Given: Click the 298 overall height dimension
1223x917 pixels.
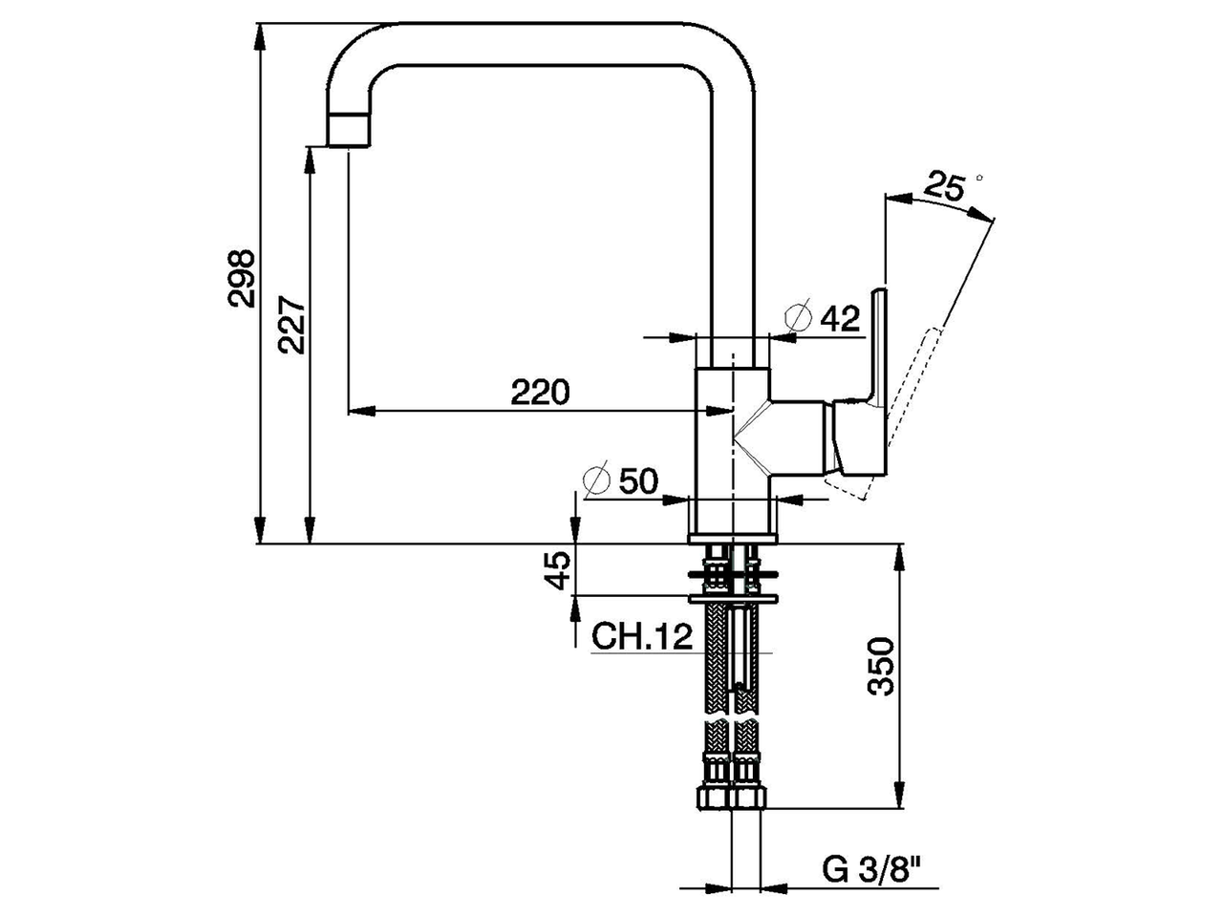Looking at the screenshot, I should click(x=243, y=278).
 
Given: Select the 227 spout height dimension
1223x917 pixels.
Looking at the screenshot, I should click(x=292, y=326).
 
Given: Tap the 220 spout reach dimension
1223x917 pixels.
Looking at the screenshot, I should click(x=539, y=392).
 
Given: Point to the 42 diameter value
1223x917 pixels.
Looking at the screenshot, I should click(x=841, y=318).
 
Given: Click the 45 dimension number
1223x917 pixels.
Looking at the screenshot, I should click(x=561, y=571).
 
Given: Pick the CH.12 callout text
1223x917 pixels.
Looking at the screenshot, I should click(x=642, y=636).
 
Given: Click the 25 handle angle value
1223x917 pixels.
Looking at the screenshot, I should click(x=943, y=186).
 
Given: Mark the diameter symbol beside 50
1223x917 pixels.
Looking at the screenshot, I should click(x=596, y=480).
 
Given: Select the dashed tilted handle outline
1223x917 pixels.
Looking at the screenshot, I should click(x=908, y=401).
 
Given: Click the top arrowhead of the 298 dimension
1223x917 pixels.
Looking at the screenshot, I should click(x=259, y=33).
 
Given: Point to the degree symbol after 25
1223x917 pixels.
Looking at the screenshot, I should click(x=978, y=178).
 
